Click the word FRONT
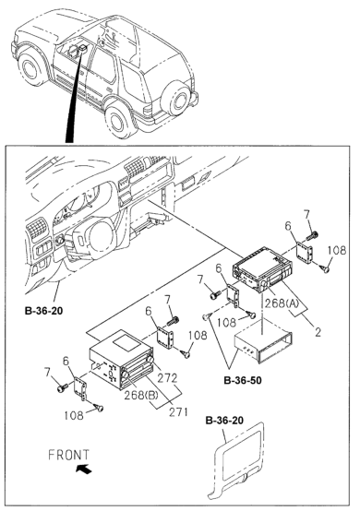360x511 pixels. click(68, 455)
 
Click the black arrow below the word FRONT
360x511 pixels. click(83, 469)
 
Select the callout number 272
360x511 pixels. click(168, 378)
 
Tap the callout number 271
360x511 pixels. click(178, 412)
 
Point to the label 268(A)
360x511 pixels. click(282, 303)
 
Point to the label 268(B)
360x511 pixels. click(141, 396)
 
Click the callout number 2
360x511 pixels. click(318, 332)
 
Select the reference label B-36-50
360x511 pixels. click(243, 380)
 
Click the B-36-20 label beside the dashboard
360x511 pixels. click(43, 311)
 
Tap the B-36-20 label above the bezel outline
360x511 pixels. click(224, 421)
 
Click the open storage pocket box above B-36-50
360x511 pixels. click(263, 347)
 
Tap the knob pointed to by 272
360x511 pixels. click(150, 359)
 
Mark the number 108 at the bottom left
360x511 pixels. click(73, 415)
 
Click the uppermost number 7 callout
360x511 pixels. click(306, 215)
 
